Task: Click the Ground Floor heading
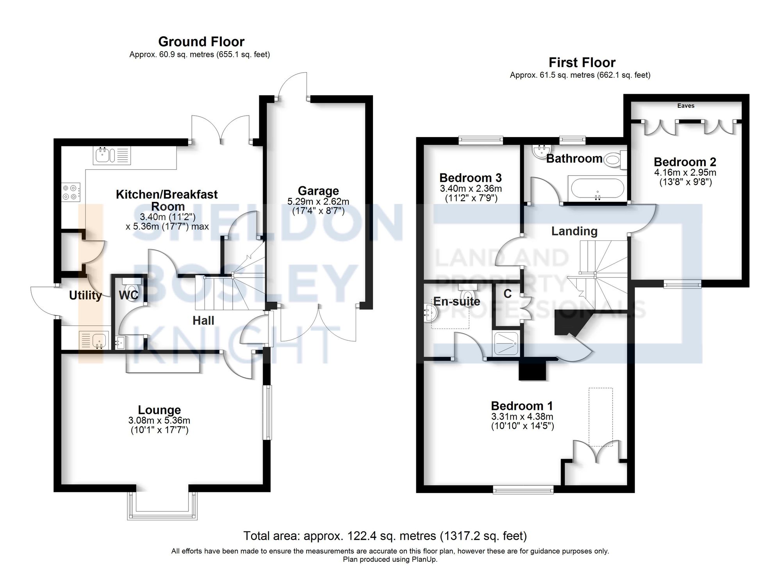[201, 41]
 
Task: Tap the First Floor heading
[582, 62]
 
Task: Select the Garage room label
[318, 191]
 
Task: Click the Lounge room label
[159, 410]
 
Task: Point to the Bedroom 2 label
[685, 162]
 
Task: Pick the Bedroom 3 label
[471, 178]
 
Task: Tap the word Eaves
[686, 106]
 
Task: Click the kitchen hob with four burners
[71, 192]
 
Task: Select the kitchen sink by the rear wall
[112, 155]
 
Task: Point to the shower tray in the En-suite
[506, 343]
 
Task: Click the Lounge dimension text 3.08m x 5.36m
[159, 420]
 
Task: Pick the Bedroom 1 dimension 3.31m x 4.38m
[522, 417]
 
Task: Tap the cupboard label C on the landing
[508, 294]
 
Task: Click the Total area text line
[385, 536]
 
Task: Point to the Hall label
[203, 321]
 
